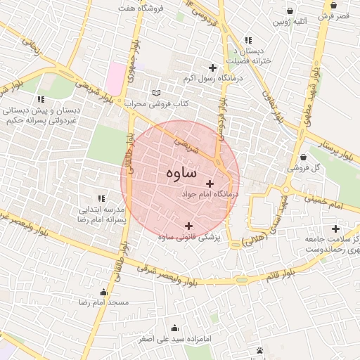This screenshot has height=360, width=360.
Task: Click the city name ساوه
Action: click(183, 172)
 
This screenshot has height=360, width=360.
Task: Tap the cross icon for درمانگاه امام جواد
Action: click(210, 183)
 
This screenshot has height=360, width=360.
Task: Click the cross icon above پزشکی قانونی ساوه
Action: click(188, 226)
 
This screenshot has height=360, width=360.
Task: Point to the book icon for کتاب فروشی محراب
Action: click(156, 94)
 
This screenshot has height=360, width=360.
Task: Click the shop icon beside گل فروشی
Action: click(302, 157)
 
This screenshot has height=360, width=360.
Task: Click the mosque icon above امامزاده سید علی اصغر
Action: click(174, 328)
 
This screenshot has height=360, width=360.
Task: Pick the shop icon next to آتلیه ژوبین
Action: click(290, 11)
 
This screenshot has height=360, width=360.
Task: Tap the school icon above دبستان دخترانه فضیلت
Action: click(247, 40)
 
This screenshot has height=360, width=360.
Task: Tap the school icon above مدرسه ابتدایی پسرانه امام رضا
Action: click(101, 199)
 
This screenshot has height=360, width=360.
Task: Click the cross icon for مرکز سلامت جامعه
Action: click(335, 229)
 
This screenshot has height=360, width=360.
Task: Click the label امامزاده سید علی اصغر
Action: click(174, 339)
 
